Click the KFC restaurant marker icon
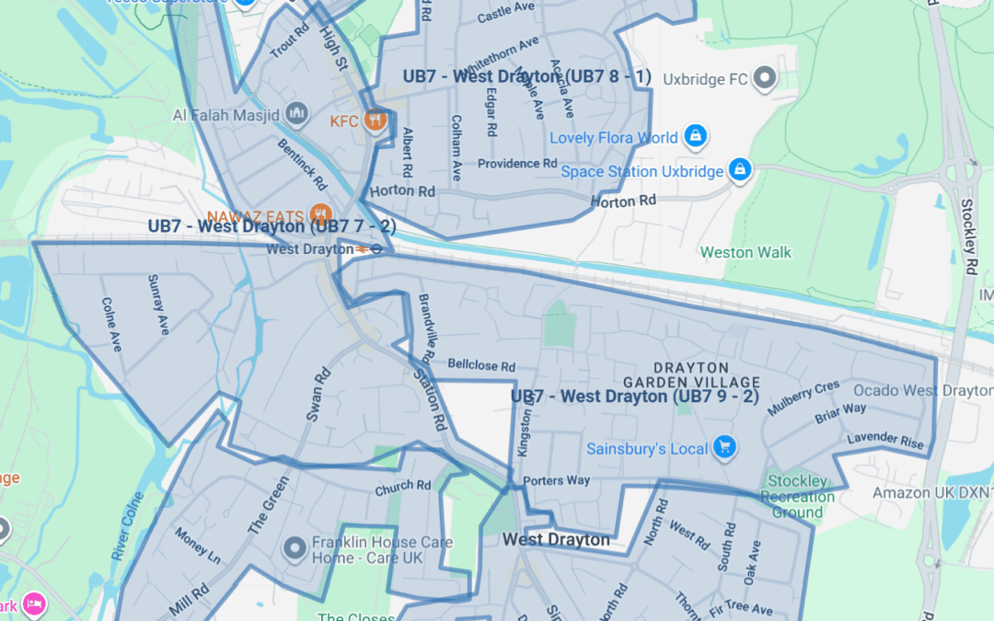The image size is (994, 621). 374,121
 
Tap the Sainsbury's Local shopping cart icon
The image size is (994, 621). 725,448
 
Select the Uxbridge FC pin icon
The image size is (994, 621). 764,80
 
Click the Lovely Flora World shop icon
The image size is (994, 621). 696,138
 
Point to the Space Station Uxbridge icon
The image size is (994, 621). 739,170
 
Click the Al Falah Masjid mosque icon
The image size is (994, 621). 296,115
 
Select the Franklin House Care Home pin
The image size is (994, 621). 295,549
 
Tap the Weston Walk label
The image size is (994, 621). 745,252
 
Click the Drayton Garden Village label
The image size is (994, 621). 692,374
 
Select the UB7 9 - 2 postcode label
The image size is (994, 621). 634,397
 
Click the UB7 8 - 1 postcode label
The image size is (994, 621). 526,76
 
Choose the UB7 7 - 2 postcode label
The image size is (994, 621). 272,226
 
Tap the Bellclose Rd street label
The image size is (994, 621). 481,365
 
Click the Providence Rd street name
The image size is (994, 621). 517,164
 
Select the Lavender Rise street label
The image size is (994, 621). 885,441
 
